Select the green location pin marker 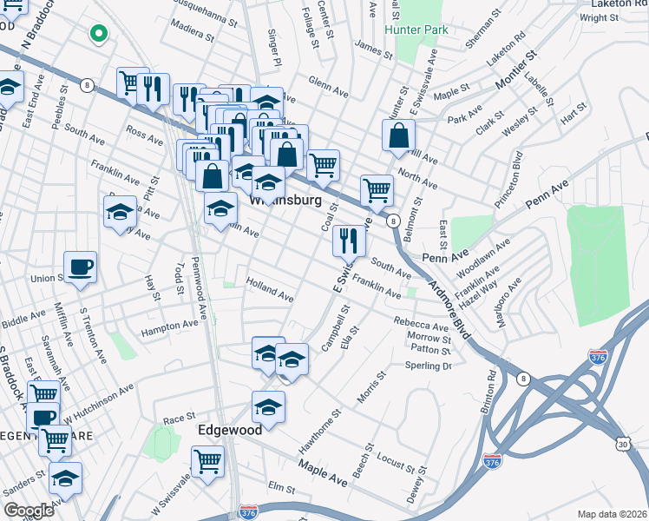coord(99,35)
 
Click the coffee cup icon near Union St coord(81,267)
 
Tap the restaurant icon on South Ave coord(349,241)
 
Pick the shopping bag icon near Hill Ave coord(398,135)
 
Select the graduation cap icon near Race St coord(269,406)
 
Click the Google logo coord(29,510)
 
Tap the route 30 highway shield coord(624,443)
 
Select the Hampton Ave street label coord(169,326)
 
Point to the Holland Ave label coord(270,289)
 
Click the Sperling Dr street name coord(429,366)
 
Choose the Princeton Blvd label coord(517,171)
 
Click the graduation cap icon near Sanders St coord(65,478)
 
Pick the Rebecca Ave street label coord(421,323)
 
